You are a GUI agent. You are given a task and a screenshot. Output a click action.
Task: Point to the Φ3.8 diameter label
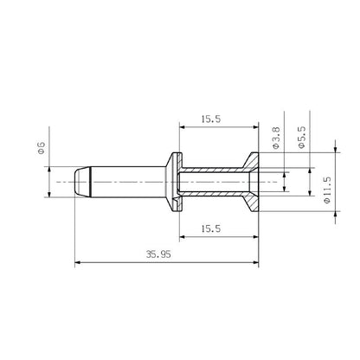pyautogui.click(x=275, y=139)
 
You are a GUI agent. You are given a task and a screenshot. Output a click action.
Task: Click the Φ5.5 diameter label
pyautogui.click(x=300, y=139)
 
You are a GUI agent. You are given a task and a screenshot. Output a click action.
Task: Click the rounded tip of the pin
pyautogui.click(x=78, y=183)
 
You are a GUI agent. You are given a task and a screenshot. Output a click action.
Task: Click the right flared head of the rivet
pyautogui.click(x=254, y=183)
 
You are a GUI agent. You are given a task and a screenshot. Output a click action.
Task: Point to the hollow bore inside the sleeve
pyautogui.click(x=216, y=183)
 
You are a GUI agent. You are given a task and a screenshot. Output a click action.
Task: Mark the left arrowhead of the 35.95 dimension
pyautogui.click(x=79, y=261)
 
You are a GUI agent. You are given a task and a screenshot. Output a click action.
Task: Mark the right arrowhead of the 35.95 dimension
pyautogui.click(x=258, y=261)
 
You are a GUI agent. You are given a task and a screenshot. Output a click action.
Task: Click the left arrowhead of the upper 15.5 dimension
pyautogui.click(x=183, y=125)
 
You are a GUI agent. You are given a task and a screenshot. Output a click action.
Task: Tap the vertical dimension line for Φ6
pyautogui.click(x=49, y=183)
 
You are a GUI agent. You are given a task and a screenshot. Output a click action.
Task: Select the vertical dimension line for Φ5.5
pyautogui.click(x=308, y=183)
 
